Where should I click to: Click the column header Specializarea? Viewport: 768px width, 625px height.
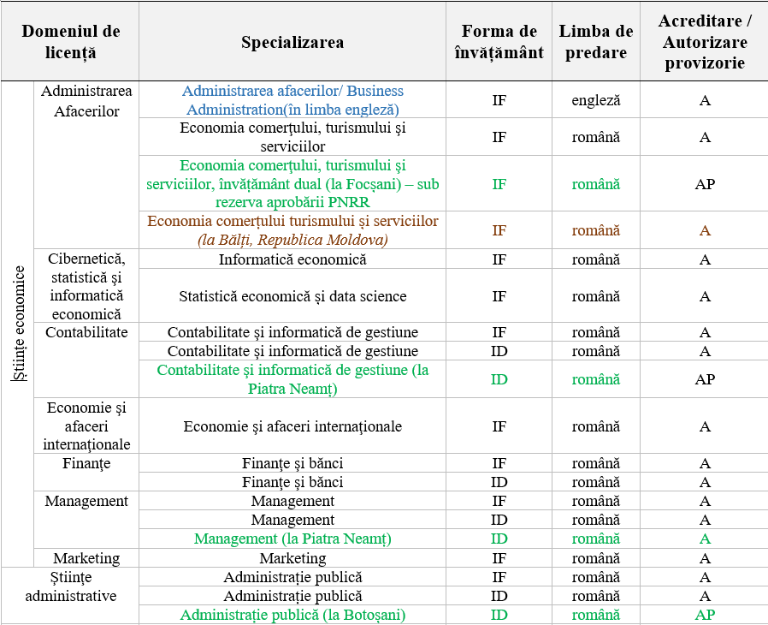[x=292, y=42]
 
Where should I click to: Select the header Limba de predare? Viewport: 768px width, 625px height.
[x=596, y=42]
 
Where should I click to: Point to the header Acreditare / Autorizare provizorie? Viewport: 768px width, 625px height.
[x=704, y=42]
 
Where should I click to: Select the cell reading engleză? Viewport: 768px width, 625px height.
[x=596, y=100]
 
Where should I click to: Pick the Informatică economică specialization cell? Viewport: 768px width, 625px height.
[x=292, y=259]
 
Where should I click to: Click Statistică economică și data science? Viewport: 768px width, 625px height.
[x=292, y=296]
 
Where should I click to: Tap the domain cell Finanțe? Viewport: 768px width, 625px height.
[x=86, y=464]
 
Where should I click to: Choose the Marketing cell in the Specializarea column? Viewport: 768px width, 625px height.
[x=292, y=558]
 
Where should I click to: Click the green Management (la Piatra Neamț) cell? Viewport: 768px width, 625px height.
[x=292, y=539]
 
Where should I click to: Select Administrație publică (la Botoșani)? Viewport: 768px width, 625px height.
[x=292, y=615]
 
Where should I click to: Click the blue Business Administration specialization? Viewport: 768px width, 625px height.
[x=292, y=100]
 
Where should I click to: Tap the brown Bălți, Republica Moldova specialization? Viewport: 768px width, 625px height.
[x=292, y=230]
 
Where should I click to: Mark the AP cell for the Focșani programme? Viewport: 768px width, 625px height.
[x=705, y=184]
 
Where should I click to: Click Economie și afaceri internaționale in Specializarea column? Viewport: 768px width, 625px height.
[x=292, y=426]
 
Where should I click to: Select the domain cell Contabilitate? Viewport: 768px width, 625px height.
[x=86, y=332]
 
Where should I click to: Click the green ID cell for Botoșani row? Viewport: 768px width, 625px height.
[x=499, y=615]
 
